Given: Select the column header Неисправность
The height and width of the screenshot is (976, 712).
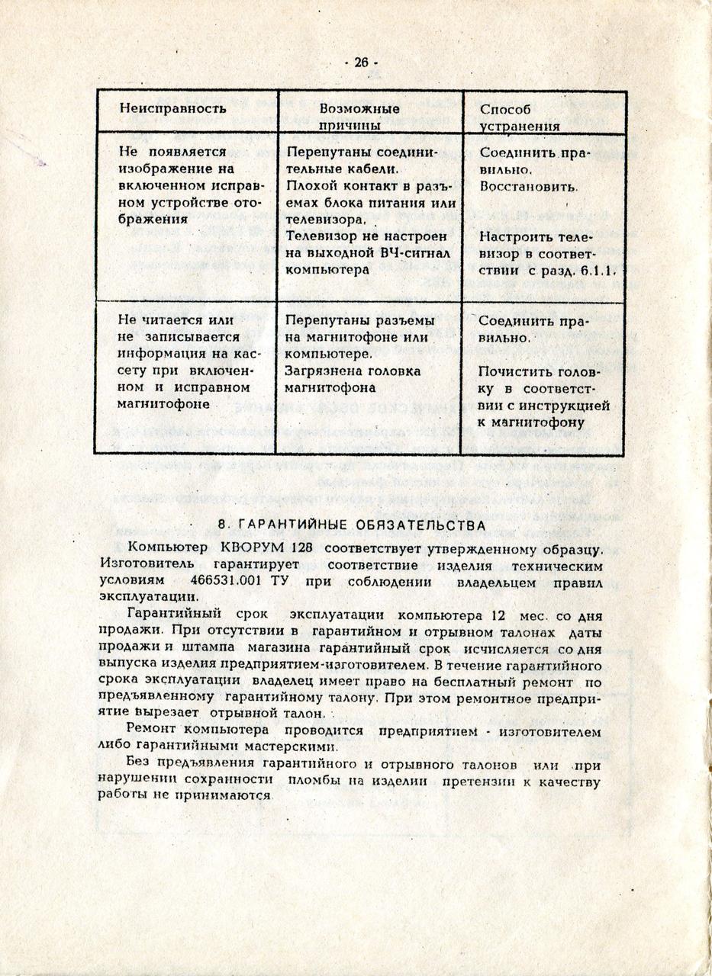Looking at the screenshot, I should [172, 108].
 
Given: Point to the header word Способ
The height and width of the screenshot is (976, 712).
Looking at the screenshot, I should [501, 108].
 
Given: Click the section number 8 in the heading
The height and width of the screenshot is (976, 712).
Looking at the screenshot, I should [221, 525].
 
